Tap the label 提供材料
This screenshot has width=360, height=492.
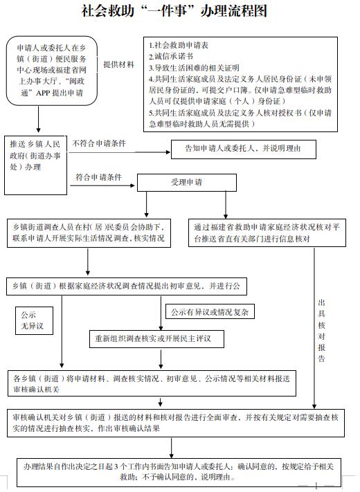coord(119,64)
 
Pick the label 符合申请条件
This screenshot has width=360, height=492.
coord(99,178)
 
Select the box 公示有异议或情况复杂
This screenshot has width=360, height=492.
coord(210,312)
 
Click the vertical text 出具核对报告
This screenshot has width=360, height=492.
coord(321,331)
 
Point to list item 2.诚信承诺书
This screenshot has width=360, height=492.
coord(170,56)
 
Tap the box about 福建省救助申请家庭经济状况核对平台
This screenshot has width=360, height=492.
coord(269,232)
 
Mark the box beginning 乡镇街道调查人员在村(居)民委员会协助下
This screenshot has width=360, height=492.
coord(90,232)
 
